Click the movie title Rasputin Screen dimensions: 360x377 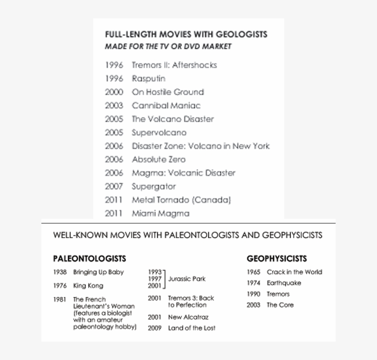click(149, 79)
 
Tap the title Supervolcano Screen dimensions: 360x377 click(159, 132)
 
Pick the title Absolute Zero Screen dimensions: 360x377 click(159, 160)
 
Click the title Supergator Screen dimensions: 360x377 click(154, 186)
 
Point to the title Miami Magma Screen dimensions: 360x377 click(160, 213)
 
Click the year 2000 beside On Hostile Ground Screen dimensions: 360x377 click(114, 92)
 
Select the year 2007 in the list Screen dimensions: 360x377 click(114, 186)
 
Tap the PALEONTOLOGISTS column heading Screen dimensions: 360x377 click(89, 258)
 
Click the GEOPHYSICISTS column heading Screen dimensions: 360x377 click(277, 258)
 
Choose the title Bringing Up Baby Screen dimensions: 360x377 click(98, 272)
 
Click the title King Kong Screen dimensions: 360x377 click(88, 286)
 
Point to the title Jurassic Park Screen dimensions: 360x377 click(187, 279)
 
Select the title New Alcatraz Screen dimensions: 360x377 click(188, 317)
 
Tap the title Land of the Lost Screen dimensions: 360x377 click(192, 328)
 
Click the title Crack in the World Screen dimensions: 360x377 click(294, 272)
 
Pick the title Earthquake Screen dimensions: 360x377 click(284, 283)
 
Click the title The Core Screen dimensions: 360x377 click(280, 305)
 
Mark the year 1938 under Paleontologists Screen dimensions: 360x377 click(60, 272)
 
